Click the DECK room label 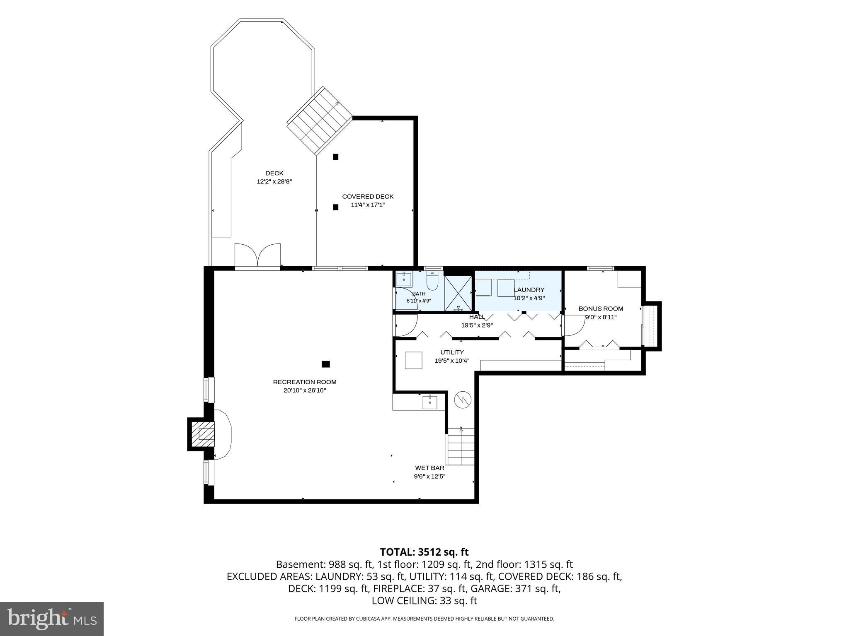pos(274,173)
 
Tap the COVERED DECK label pos(368,197)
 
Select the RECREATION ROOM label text pos(305,382)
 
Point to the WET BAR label pos(429,468)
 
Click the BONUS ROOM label pos(601,308)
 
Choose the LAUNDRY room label pos(529,290)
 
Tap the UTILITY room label pos(452,352)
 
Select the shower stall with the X pos(458,293)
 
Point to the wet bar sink pos(430,402)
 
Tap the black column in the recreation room pos(326,364)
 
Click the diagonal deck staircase pos(320,121)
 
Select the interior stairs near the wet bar pos(460,446)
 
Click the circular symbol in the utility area pos(463,400)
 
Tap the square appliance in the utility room pos(414,360)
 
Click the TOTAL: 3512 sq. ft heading pos(424,552)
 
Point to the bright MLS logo pos(52,619)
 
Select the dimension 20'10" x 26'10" pos(305,390)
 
